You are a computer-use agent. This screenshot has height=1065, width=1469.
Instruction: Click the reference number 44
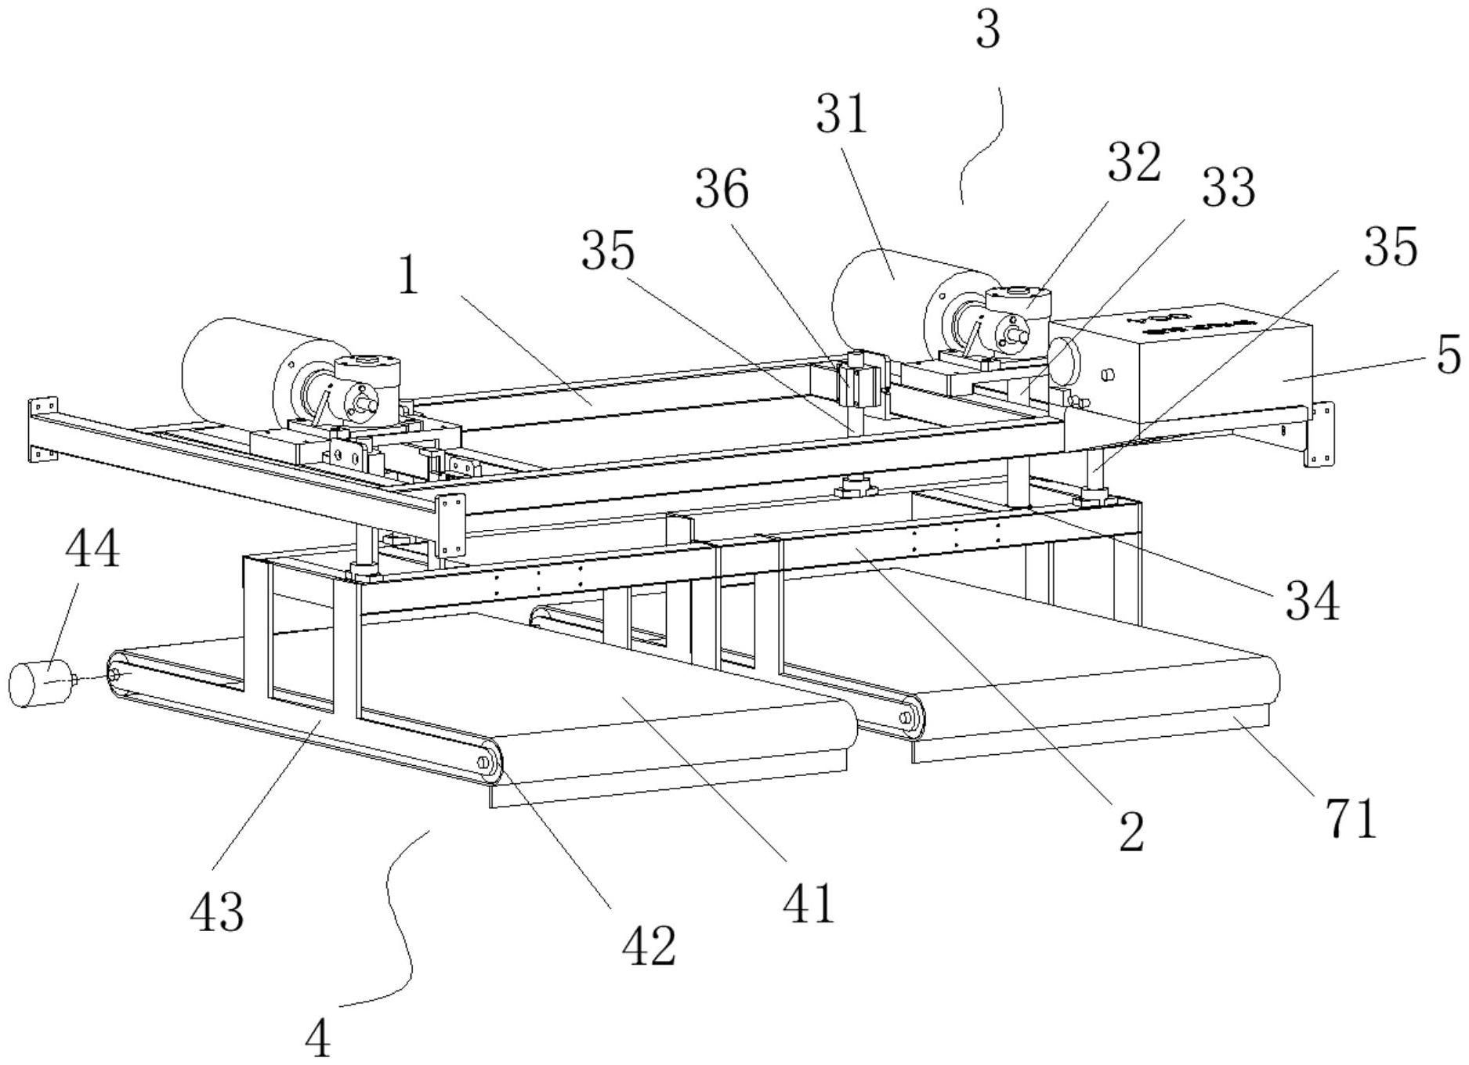tap(92, 548)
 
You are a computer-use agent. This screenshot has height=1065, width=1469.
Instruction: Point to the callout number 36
tap(722, 190)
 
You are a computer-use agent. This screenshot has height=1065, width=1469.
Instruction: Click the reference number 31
tap(841, 114)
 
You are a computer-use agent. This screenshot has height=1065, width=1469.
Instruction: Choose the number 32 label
tap(1133, 164)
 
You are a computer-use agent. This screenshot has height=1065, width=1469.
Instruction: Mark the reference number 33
tap(1228, 188)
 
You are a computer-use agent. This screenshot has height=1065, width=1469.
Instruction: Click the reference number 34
tap(1312, 601)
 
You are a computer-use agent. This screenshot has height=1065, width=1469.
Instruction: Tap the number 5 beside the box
tap(1448, 354)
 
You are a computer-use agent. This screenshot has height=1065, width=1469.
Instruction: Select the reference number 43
tap(216, 912)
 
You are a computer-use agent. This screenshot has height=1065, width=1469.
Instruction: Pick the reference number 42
tap(648, 947)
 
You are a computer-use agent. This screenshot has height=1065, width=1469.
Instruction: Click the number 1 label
tap(407, 276)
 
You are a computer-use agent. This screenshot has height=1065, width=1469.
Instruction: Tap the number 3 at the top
tap(989, 32)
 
